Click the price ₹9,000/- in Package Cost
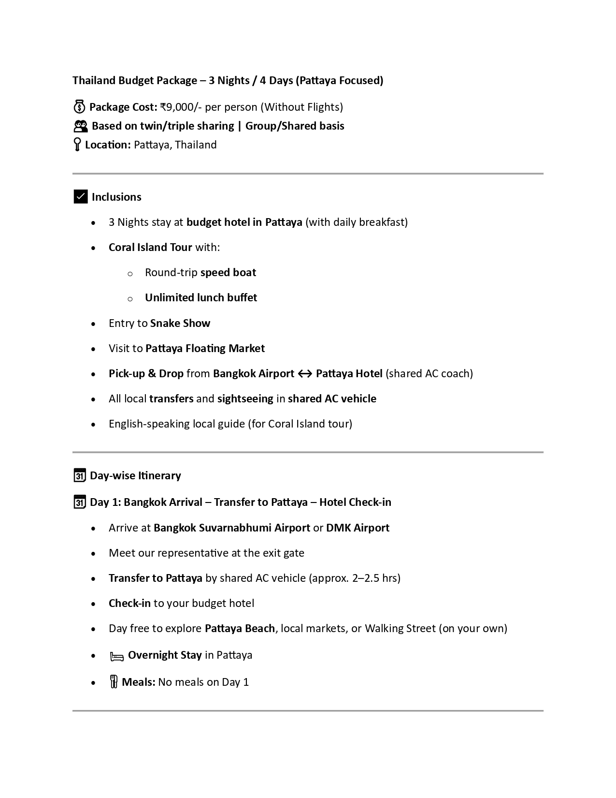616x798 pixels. coord(181,107)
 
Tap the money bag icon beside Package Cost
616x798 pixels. coord(79,107)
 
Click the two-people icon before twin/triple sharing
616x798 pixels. coord(80,126)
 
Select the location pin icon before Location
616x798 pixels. coord(77,145)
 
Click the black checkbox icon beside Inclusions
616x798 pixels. coord(80,197)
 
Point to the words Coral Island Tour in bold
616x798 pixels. coord(150,247)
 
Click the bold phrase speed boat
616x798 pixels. coord(228,272)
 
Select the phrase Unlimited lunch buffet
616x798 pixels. coord(201,297)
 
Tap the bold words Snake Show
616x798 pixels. coord(180,323)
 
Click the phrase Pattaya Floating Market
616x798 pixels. coord(205,348)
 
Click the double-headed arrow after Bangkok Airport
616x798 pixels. coord(305,374)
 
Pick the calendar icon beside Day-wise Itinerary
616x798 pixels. coord(80,475)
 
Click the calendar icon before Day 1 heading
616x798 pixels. coord(80,502)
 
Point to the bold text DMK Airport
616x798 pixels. coord(358,528)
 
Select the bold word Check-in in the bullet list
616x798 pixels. coord(129,603)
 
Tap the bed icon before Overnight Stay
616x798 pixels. coord(117,656)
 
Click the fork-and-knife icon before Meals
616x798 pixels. coord(114,682)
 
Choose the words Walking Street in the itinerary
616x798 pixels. coord(400,628)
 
